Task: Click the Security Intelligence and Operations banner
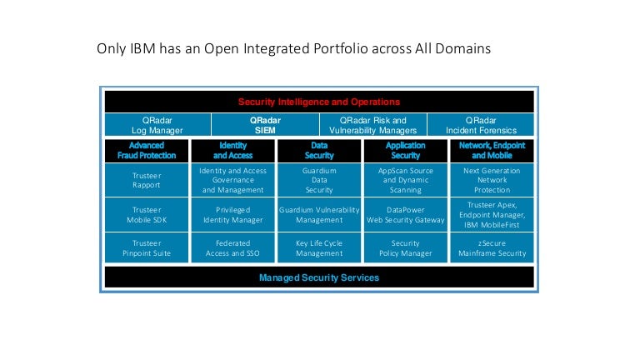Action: click(319, 102)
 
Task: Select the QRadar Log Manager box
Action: click(157, 125)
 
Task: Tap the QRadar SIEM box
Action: click(265, 125)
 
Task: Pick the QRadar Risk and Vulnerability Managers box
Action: click(372, 125)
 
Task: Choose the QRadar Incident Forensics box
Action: click(480, 125)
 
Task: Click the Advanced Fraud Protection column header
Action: click(147, 150)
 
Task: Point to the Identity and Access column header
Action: click(232, 150)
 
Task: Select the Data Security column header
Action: click(319, 150)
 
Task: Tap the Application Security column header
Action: click(406, 150)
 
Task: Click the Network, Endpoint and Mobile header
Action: click(492, 150)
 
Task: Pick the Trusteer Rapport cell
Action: click(147, 180)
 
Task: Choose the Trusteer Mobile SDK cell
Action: click(147, 215)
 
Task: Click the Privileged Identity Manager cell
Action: click(232, 215)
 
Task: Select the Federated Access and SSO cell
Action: click(232, 248)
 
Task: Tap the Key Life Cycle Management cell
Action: click(319, 248)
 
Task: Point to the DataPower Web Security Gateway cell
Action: click(406, 215)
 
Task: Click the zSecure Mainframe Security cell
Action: click(492, 248)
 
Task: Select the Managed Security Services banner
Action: click(319, 277)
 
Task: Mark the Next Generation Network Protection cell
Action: click(492, 180)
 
